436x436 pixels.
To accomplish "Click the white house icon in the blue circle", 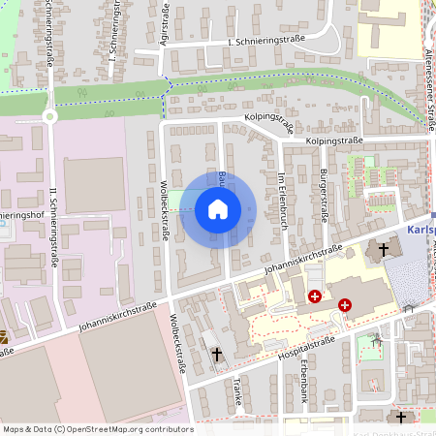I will [x=217, y=209].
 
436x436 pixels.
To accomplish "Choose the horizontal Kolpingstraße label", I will [x=333, y=140].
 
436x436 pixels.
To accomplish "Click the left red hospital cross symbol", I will [x=315, y=296].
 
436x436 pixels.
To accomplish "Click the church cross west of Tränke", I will [x=216, y=355].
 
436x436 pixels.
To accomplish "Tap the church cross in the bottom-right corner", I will [x=402, y=417].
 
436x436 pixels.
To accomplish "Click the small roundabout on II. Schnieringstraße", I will [x=50, y=116].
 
